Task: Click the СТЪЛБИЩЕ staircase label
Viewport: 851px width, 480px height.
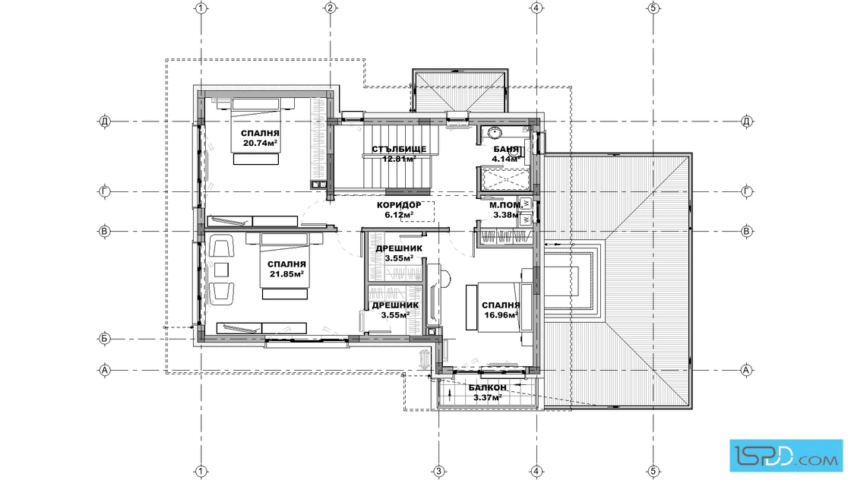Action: (399, 149)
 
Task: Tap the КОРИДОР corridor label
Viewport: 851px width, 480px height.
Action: (399, 205)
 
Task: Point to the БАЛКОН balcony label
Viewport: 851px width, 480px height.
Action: (487, 388)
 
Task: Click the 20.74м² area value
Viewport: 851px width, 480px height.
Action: (261, 144)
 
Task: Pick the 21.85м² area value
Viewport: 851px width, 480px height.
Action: (286, 274)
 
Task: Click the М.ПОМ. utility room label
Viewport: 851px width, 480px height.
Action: (505, 206)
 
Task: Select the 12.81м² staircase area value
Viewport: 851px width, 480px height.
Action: (399, 159)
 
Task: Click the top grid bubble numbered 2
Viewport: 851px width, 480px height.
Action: (330, 8)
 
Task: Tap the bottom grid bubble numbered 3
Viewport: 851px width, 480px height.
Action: (438, 471)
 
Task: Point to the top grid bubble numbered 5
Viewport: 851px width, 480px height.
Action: (653, 8)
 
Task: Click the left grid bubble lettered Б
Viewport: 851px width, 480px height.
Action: (105, 339)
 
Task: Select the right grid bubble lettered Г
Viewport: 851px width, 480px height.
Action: (747, 191)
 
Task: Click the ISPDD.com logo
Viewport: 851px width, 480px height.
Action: (786, 455)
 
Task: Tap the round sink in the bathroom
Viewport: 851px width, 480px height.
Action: (494, 133)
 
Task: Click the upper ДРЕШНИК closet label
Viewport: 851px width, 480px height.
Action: (399, 248)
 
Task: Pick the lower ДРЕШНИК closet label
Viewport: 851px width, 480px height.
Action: (395, 305)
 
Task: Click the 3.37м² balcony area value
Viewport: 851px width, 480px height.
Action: (487, 397)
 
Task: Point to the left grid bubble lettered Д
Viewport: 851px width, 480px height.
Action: (105, 121)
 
